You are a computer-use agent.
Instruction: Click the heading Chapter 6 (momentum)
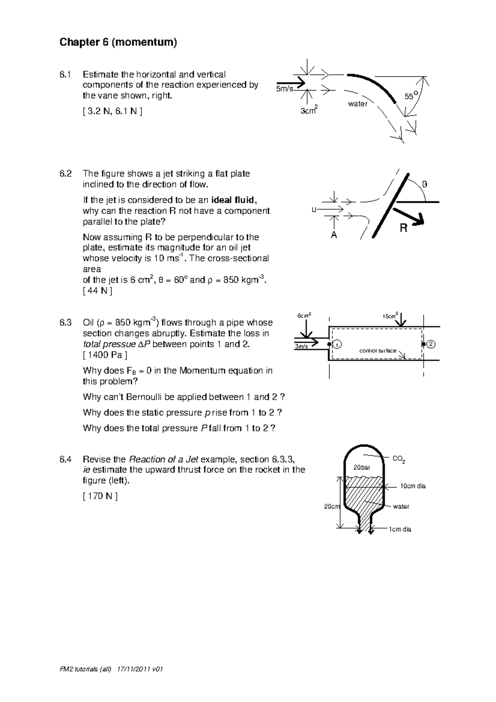pos(118,43)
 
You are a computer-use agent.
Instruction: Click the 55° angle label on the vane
pos(411,96)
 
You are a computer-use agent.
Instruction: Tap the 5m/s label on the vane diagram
pos(285,88)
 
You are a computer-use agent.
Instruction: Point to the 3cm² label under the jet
pos(309,110)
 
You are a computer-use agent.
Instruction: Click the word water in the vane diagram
pos(358,104)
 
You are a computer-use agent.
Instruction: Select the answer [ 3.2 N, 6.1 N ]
pos(112,112)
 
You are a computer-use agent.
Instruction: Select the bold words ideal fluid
pos(234,200)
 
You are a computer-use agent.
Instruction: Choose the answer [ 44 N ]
pos(98,290)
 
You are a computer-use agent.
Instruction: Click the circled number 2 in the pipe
pos(431,344)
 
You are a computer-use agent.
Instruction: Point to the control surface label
pos(378,351)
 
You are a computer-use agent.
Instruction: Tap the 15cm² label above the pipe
pos(391,316)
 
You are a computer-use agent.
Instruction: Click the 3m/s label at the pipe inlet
pos(301,347)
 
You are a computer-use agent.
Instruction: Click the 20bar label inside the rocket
pos(362,467)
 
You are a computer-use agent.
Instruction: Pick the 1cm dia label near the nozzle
pos(400,529)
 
